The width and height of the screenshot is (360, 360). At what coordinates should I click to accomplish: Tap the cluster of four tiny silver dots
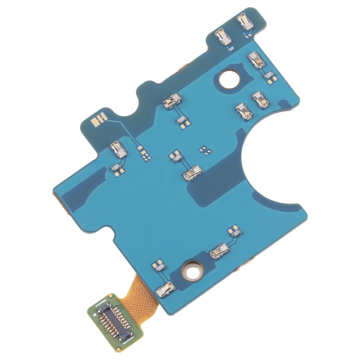click(x=205, y=150)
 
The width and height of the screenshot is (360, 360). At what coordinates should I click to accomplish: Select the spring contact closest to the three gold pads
click(x=118, y=150)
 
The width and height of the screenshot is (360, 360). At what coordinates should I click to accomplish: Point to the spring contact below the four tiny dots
click(x=192, y=171)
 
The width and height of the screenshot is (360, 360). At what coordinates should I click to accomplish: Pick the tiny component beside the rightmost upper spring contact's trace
click(x=269, y=75)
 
